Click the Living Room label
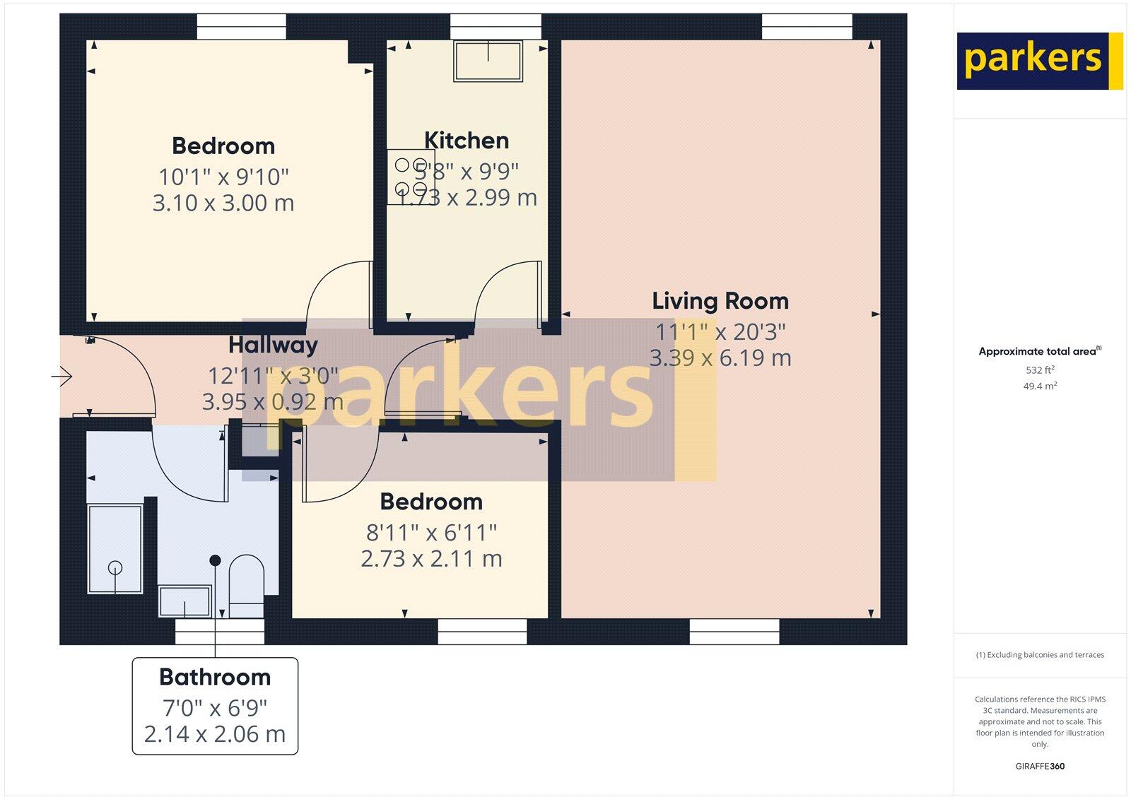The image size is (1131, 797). [720, 301]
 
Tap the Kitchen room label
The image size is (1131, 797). [467, 141]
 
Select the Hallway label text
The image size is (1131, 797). [273, 345]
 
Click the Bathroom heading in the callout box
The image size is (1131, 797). [215, 677]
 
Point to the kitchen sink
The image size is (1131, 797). [488, 61]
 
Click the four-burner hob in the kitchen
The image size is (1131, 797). [411, 177]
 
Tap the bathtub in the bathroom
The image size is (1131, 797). [115, 548]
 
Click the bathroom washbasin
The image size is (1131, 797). [184, 601]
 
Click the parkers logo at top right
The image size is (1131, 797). [1039, 61]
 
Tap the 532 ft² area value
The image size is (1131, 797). [1040, 370]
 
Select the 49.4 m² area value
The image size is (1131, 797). [1040, 386]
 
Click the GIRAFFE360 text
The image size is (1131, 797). [1040, 766]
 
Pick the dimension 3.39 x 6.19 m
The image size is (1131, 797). [720, 358]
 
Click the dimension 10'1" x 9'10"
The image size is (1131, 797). [223, 176]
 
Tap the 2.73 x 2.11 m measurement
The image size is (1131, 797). [431, 559]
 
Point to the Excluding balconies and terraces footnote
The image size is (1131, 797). [1040, 655]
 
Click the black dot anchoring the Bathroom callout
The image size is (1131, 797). [215, 560]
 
